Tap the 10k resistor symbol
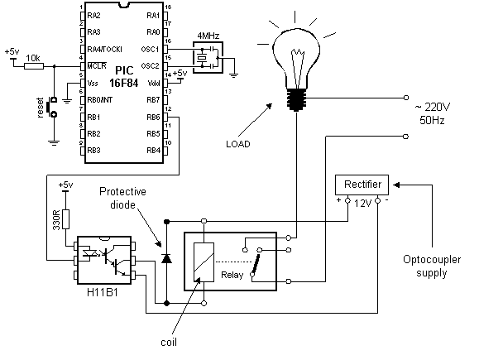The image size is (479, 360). [x=34, y=66]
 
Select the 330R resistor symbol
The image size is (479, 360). [x=65, y=219]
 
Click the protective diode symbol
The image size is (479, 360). [x=166, y=258]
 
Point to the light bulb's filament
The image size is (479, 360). [x=298, y=67]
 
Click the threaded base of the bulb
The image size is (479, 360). [x=296, y=99]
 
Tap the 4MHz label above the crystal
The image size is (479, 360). [x=208, y=36]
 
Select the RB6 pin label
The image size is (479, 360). [x=153, y=117]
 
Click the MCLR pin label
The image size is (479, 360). [x=97, y=66]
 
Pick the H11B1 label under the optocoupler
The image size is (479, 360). [x=103, y=292]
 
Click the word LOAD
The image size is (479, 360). [x=238, y=144]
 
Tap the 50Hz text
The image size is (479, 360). [x=432, y=120]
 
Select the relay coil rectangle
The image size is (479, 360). [x=204, y=262]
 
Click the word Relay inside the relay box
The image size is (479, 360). [x=232, y=275]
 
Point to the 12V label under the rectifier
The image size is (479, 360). [x=362, y=204]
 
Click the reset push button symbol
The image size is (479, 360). [x=51, y=107]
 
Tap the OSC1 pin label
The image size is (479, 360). [x=151, y=49]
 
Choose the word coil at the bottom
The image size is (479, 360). [x=169, y=343]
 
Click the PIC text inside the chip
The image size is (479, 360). [x=124, y=70]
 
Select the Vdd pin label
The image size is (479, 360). [x=154, y=83]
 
